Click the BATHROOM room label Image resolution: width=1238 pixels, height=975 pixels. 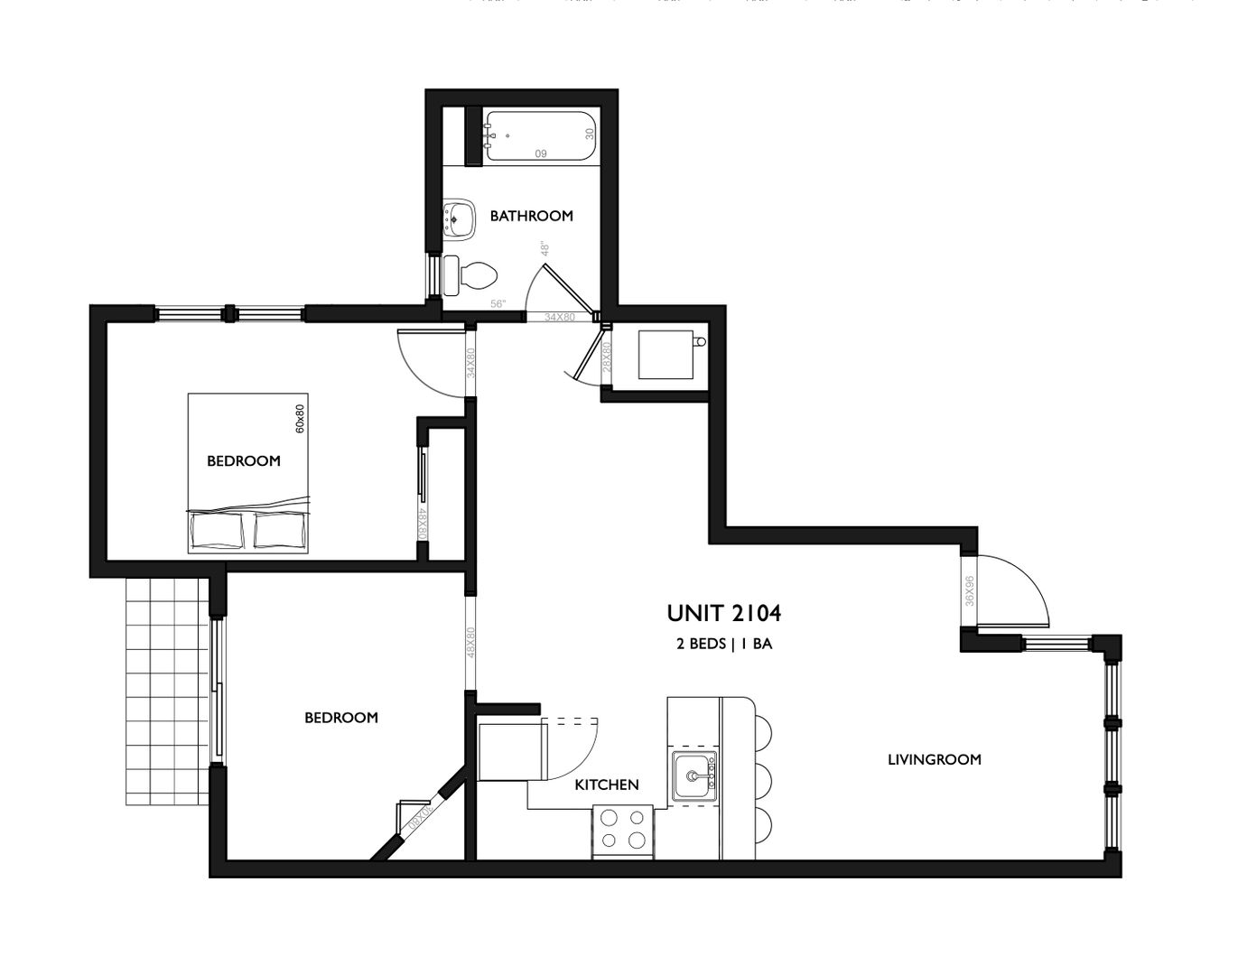pos(531,216)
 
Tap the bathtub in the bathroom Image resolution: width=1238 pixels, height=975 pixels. pos(540,135)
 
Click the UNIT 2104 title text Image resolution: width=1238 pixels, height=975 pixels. pos(723,614)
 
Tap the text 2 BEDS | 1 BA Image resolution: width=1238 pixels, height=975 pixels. pos(723,645)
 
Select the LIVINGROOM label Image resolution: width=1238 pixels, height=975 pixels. pos(934,759)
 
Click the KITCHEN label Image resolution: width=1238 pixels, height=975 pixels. pos(607,785)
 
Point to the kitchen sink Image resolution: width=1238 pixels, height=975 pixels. pos(694,775)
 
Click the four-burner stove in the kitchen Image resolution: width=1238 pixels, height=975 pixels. pos(623,830)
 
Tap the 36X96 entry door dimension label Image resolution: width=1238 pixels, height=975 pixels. pos(970,592)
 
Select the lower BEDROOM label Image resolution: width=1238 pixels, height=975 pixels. pos(340,718)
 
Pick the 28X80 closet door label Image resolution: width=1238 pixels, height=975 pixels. pos(607,358)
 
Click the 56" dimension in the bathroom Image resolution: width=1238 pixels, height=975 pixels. pos(498,304)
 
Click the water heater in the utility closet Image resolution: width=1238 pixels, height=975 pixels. pos(667,355)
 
